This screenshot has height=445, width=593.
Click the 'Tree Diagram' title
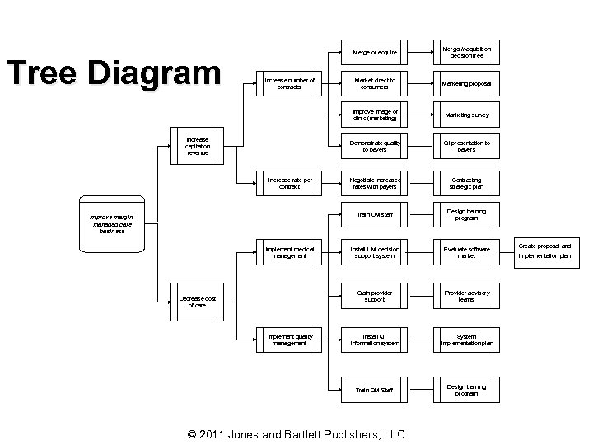pyautogui.click(x=114, y=73)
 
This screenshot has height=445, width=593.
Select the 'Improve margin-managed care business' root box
pyautogui.click(x=112, y=224)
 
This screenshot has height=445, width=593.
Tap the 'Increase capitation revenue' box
pyautogui.click(x=198, y=147)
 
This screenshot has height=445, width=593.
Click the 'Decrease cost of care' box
pyautogui.click(x=198, y=302)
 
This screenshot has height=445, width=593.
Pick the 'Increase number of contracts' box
pyautogui.click(x=290, y=83)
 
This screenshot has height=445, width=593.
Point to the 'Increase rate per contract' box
pyautogui.click(x=290, y=183)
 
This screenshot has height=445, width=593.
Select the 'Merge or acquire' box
pyautogui.click(x=374, y=52)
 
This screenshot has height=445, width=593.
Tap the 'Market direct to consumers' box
pyautogui.click(x=374, y=83)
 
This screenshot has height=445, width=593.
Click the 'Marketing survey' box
pyautogui.click(x=466, y=115)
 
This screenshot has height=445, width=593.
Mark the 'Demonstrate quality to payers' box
pyautogui.click(x=374, y=147)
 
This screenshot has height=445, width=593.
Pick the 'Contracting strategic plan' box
pyautogui.click(x=466, y=183)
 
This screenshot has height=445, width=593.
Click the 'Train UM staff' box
pyautogui.click(x=374, y=215)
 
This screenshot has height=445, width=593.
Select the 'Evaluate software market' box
pyautogui.click(x=466, y=252)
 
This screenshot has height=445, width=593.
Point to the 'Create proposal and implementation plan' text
pyautogui.click(x=544, y=251)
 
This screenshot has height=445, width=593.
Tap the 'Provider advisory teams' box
pyautogui.click(x=466, y=296)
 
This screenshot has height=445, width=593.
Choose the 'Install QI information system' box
pyautogui.click(x=374, y=340)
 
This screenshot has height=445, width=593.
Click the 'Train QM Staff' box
pyautogui.click(x=374, y=390)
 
